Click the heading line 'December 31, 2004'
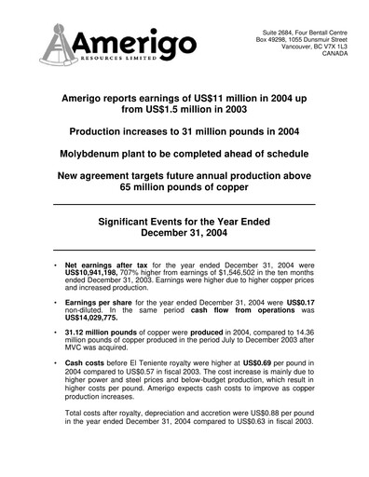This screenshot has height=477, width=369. pyautogui.click(x=184, y=234)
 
